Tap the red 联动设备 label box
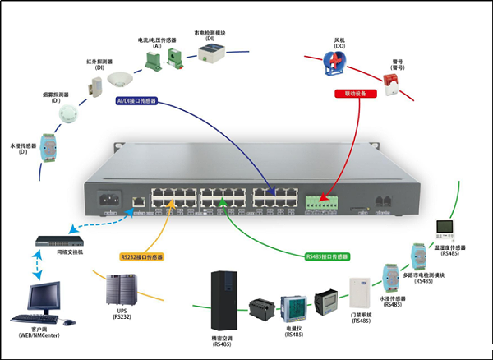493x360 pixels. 356,94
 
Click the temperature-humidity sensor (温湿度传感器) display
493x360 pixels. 445,227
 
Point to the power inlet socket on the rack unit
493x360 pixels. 109,198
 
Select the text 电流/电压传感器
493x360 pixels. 156,39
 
